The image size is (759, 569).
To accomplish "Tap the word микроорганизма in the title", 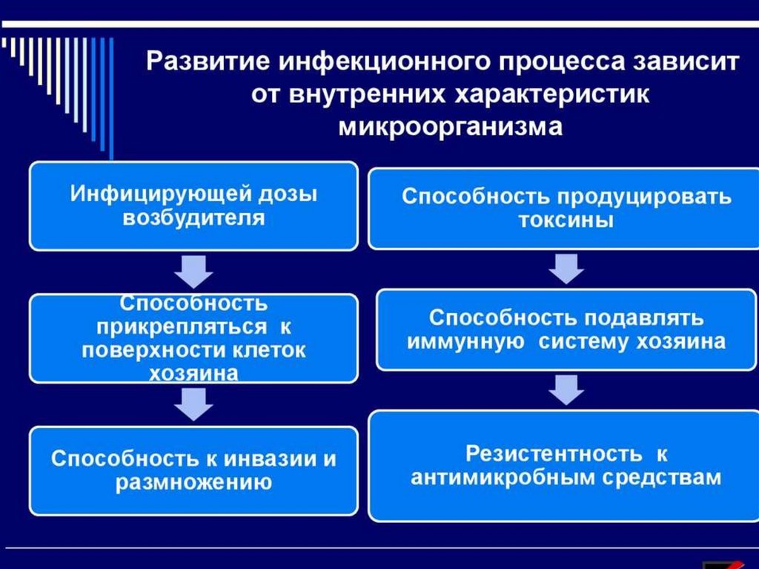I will [x=451, y=126].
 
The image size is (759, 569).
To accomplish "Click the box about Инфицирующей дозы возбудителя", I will [x=193, y=206].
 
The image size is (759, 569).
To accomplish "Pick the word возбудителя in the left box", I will [x=193, y=218].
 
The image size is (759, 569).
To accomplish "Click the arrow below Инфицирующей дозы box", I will [x=193, y=272].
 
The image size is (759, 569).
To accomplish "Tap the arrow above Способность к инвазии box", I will [x=193, y=404].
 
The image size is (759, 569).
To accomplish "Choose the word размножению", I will [x=193, y=483].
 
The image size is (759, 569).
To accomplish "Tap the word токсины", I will [x=566, y=221].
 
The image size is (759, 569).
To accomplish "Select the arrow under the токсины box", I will [x=566, y=267].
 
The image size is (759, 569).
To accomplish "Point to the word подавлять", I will [x=640, y=318].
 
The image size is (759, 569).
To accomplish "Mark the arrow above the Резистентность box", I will [x=566, y=389].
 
